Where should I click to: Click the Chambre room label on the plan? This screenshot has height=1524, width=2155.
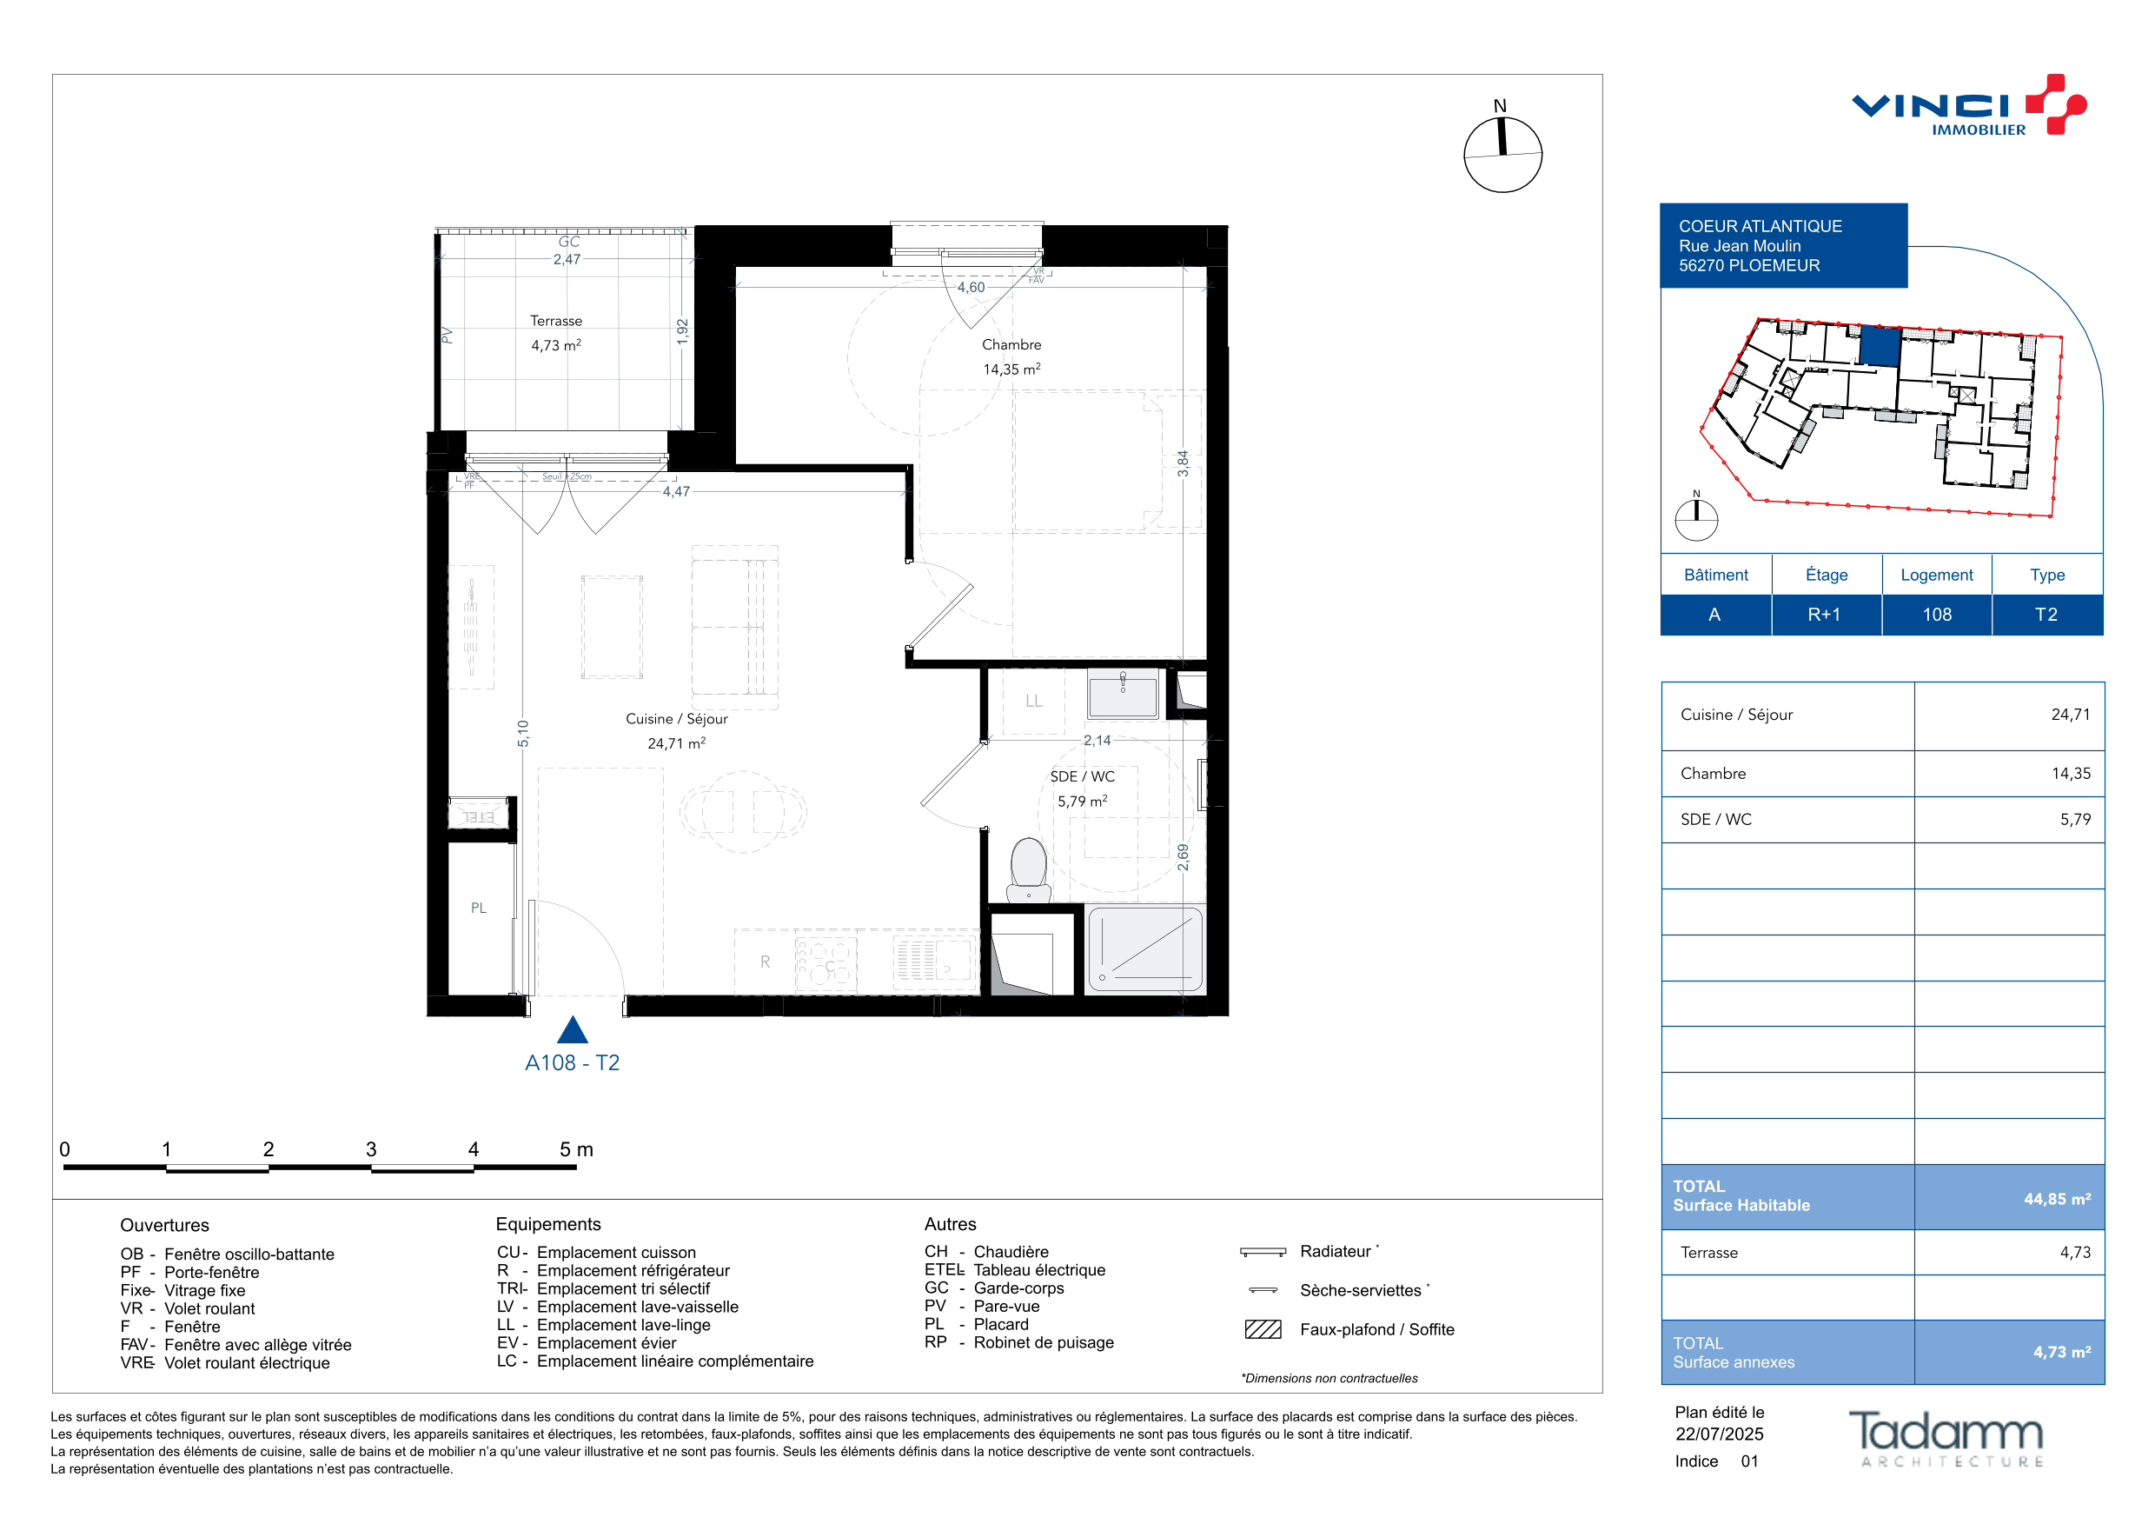point(1011,344)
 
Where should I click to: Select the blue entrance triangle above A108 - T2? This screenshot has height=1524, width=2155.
point(573,1030)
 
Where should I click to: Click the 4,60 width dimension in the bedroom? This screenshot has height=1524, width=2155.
point(971,288)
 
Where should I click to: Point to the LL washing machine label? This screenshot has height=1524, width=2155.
point(1033,701)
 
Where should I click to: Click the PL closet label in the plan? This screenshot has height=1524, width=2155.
point(479,908)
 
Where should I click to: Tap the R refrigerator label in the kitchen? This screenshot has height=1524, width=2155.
point(765,962)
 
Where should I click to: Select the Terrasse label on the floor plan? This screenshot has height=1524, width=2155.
point(555,321)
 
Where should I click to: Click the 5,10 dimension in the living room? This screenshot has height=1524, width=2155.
point(523,734)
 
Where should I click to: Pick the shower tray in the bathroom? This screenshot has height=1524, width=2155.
point(1145,949)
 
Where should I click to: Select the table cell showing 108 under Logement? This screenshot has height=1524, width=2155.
point(1936,614)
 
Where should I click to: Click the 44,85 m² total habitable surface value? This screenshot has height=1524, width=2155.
point(2057,1199)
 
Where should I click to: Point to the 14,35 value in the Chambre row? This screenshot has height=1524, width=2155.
point(2071,774)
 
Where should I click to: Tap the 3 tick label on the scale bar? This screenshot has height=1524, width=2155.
point(371,1149)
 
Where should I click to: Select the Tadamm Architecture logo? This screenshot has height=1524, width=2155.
point(1946,1439)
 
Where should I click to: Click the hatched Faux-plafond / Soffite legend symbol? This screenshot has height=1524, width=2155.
point(1263,1329)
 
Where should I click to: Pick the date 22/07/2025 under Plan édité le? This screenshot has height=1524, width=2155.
point(1720,1434)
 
